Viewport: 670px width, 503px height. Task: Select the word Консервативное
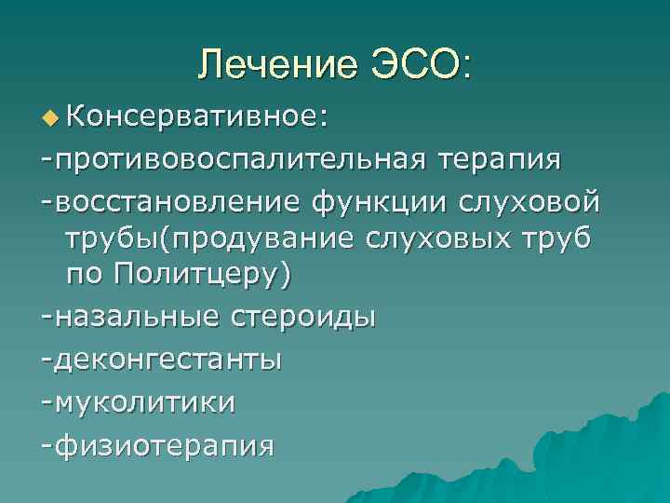(x=196, y=118)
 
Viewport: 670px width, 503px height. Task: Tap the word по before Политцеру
(x=85, y=276)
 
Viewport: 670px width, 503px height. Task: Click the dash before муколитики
(x=47, y=402)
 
